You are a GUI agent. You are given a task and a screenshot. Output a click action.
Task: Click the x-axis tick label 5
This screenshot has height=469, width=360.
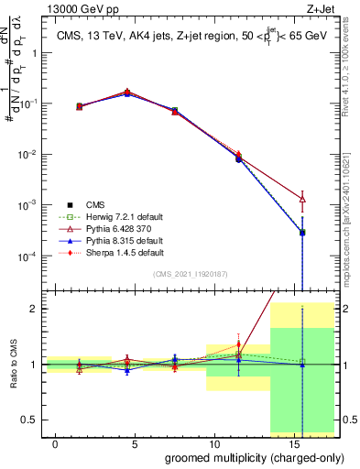136,444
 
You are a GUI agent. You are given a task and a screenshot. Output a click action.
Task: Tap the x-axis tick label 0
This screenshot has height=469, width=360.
56,444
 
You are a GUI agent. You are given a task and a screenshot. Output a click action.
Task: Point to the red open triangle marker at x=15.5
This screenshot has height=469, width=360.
302,199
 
